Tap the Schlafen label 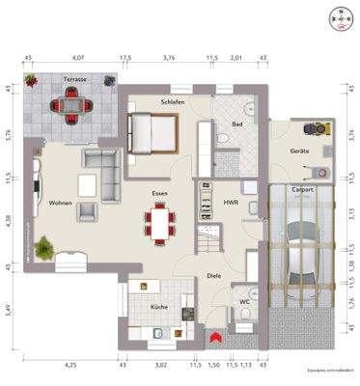173,101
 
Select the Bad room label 236,124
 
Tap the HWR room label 231,204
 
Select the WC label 244,300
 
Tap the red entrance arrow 214,337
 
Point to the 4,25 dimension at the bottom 70,366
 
